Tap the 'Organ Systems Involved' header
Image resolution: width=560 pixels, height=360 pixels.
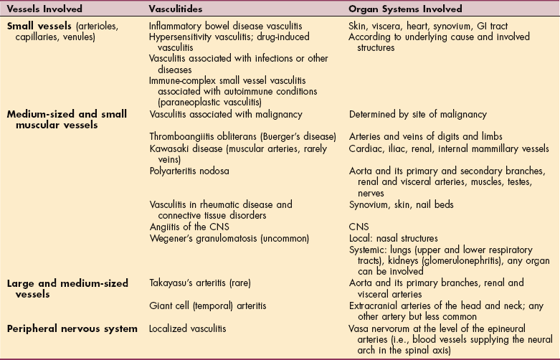point(404,9)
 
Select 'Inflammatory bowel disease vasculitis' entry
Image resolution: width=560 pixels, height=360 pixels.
point(224,27)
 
